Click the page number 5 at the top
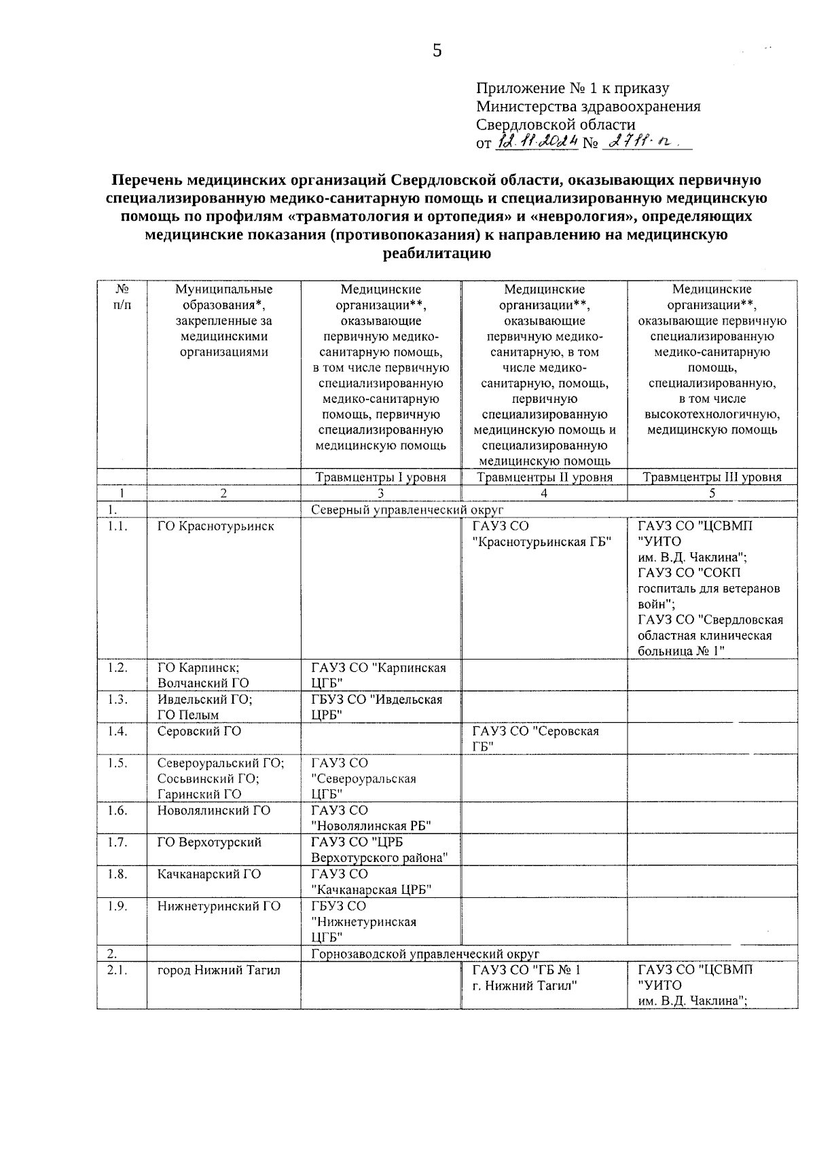point(437,50)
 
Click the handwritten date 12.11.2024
point(538,141)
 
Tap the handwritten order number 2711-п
point(640,141)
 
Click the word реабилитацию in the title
point(437,254)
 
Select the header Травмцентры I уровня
point(381,477)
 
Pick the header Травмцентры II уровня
point(544,477)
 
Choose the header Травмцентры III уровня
point(712,477)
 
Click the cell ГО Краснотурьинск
point(216,526)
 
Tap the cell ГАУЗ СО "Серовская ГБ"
point(535,739)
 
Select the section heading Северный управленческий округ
point(407,509)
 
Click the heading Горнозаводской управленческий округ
point(424,954)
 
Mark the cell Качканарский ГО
point(209,874)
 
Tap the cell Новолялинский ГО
point(214,810)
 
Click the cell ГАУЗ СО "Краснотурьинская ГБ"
point(541,534)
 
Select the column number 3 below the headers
point(381,493)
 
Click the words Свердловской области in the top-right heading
point(556,124)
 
